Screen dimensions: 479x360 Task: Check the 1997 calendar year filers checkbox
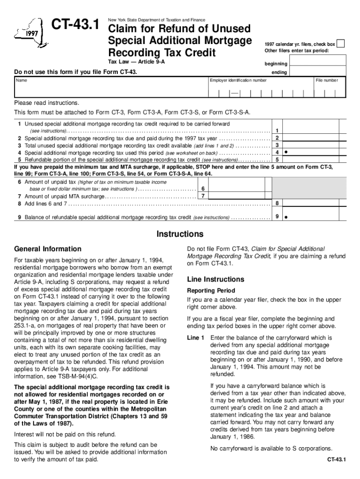(x=341, y=44)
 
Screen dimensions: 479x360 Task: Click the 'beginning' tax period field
(x=318, y=64)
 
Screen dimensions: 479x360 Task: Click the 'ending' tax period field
(x=318, y=73)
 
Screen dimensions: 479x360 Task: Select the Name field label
(x=22, y=80)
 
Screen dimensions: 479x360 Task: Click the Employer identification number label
(x=239, y=80)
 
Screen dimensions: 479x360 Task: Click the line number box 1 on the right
(x=277, y=131)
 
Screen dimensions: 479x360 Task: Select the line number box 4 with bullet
(x=277, y=152)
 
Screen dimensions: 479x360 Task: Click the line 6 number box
(x=202, y=189)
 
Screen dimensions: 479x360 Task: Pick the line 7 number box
(x=202, y=196)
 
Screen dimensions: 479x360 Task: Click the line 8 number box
(x=277, y=203)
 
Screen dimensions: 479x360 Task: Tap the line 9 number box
(x=277, y=217)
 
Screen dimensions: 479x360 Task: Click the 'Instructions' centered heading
(x=180, y=234)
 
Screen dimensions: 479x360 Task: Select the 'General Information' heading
(x=48, y=249)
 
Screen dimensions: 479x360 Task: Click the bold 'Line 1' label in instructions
(x=195, y=338)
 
